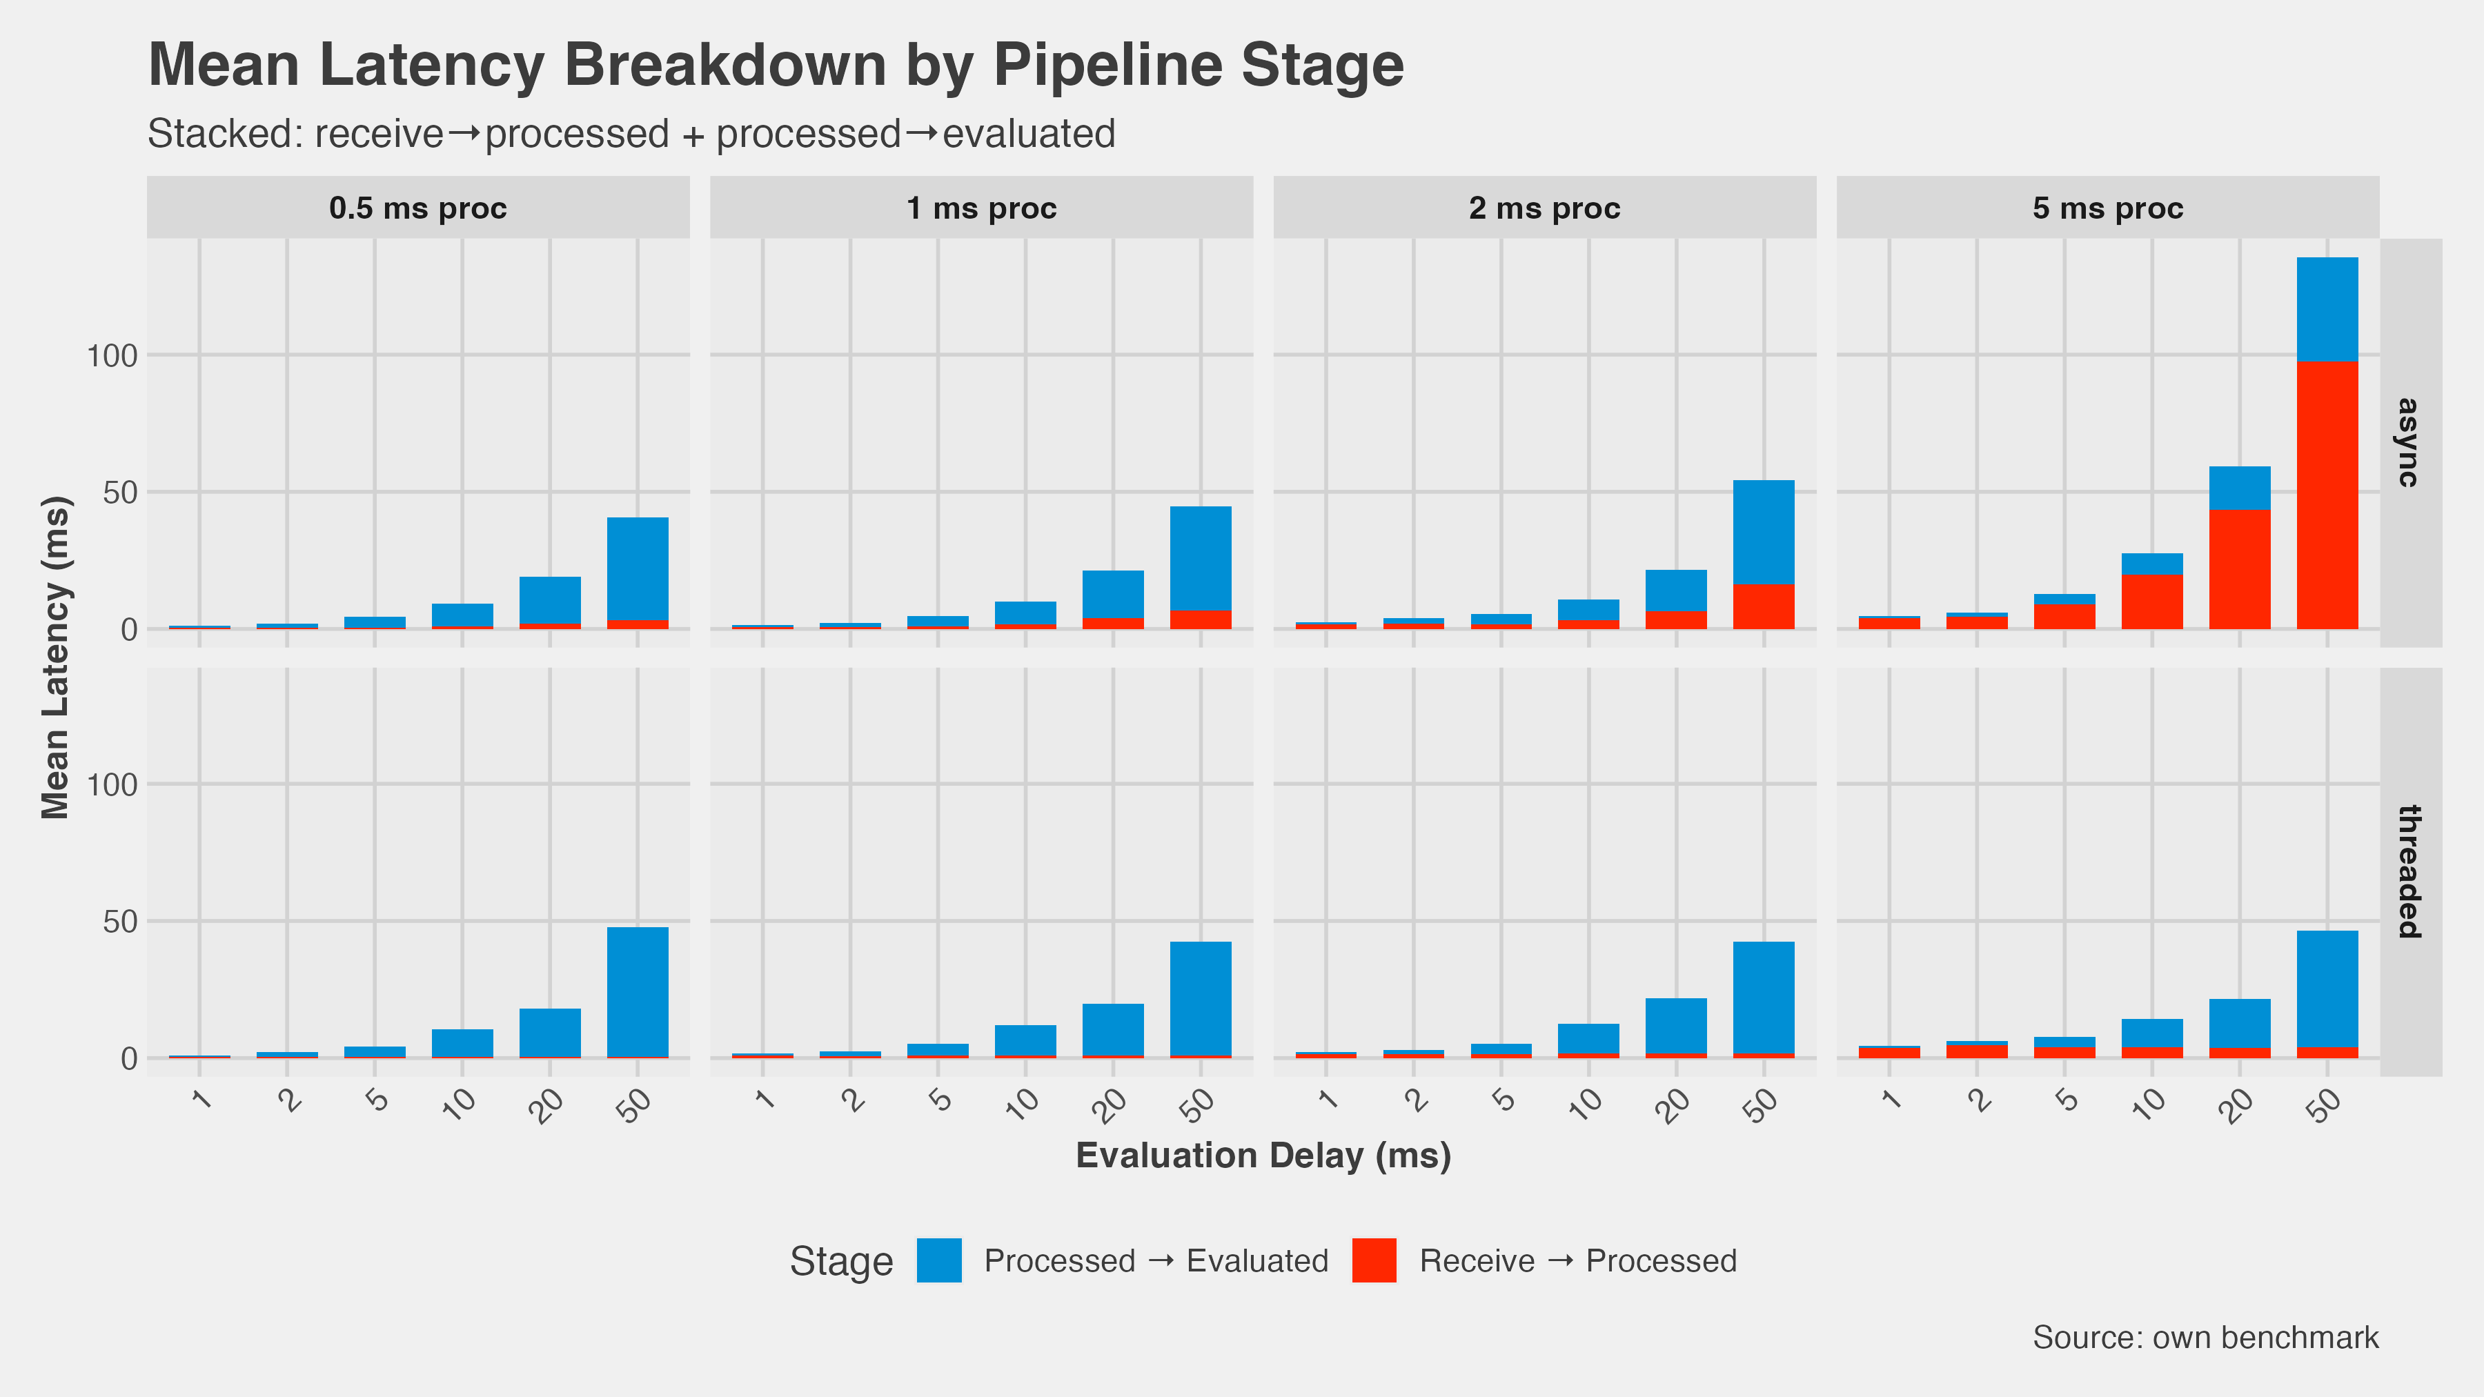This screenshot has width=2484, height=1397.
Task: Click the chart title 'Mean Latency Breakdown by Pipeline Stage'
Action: [776, 66]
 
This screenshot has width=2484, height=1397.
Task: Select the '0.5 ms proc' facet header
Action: [417, 208]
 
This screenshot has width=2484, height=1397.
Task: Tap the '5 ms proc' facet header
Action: [2107, 208]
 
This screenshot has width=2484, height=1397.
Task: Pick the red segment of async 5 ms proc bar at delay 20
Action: [2239, 570]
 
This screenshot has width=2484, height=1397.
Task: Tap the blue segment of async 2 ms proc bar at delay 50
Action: [1764, 532]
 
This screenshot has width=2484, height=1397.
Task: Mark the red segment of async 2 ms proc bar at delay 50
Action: [1764, 606]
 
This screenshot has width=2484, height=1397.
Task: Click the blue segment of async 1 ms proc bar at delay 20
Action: [1113, 595]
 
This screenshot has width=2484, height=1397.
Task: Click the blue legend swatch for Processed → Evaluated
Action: [938, 1261]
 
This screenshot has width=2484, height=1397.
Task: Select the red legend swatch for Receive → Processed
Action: [1374, 1261]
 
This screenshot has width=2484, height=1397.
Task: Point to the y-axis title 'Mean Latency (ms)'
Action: [55, 657]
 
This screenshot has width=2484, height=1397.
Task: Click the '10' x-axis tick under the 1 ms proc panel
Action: [1023, 1104]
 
